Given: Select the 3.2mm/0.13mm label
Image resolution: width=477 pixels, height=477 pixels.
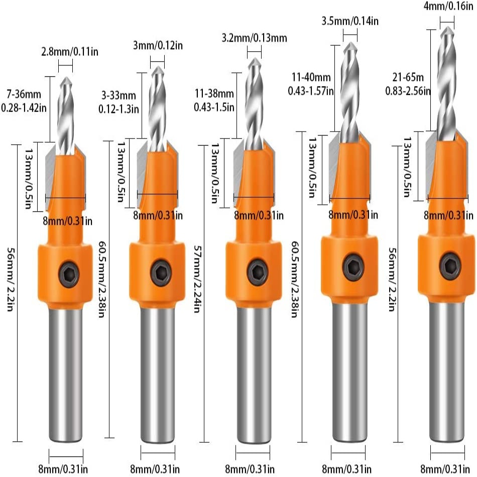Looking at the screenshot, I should click(254, 38).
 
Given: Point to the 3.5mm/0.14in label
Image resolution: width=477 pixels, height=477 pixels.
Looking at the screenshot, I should click(350, 22).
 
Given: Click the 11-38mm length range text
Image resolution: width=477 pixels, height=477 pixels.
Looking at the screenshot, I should click(214, 93).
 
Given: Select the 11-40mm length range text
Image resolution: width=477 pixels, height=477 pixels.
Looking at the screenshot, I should click(311, 77).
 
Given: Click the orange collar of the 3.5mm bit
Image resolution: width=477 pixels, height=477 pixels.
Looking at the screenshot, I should click(350, 266).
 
